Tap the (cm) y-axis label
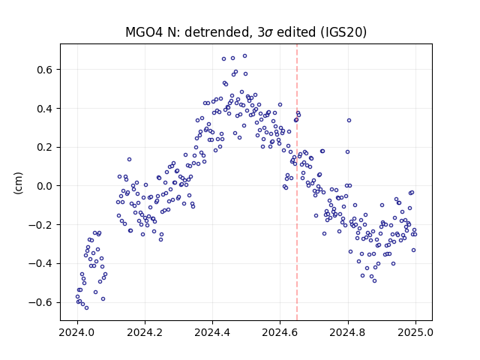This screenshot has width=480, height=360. [18, 183]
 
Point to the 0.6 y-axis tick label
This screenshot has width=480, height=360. [45, 70]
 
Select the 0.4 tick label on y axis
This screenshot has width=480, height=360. [45, 109]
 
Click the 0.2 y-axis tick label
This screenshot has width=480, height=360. [45, 147]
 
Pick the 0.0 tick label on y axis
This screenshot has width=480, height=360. [45, 186]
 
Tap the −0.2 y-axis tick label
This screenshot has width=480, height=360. [41, 225]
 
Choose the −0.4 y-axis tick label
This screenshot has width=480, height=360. [41, 263]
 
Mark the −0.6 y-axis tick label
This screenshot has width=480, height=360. [41, 302]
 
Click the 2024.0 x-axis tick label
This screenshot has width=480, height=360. [77, 332]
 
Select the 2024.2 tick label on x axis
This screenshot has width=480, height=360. [145, 332]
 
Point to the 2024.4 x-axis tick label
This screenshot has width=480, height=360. [212, 332]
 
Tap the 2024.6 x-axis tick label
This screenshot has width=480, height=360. [280, 332]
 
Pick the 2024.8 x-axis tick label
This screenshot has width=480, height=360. [347, 332]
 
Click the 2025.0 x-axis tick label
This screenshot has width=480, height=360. [415, 332]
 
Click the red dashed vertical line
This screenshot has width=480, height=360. [297, 182]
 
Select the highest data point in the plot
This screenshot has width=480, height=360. [245, 56]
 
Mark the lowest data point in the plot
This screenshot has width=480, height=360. [87, 308]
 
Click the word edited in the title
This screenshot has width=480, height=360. [296, 32]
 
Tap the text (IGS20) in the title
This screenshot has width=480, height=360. [343, 32]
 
